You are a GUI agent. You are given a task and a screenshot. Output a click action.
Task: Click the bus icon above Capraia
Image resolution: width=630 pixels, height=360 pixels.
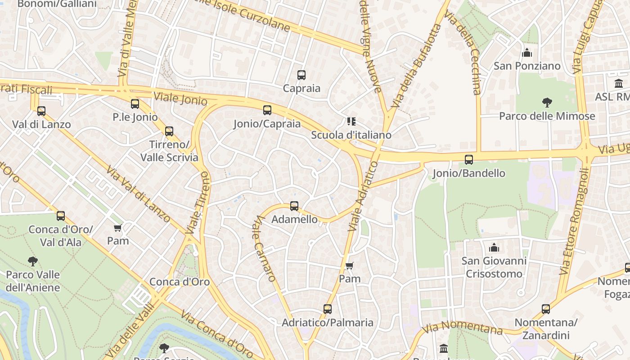301,75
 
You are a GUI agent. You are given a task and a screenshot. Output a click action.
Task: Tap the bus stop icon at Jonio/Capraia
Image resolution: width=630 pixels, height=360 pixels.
267,110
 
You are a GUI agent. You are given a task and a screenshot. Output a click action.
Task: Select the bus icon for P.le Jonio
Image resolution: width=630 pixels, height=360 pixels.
135,104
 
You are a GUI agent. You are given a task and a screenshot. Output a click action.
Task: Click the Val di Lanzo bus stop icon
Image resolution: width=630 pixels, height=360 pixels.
41,111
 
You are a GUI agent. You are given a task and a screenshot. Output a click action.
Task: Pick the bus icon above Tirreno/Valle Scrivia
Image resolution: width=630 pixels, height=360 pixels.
169,131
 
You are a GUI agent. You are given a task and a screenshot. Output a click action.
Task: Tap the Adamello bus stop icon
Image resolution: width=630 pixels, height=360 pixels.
294,206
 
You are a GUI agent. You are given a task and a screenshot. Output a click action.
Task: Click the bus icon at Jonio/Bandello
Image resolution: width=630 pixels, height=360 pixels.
469,160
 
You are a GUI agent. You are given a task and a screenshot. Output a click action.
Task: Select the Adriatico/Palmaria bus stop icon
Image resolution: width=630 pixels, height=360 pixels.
328,309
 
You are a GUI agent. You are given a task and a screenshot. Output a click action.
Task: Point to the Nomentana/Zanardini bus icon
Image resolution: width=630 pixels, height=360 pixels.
546,309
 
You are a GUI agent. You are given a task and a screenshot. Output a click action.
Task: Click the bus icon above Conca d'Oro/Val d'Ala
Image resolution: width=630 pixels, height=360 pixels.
61,216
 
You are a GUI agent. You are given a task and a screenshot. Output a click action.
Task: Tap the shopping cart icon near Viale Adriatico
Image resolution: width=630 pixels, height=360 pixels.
349,265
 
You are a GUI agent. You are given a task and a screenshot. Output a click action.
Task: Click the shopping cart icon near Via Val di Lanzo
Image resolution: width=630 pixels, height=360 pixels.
118,228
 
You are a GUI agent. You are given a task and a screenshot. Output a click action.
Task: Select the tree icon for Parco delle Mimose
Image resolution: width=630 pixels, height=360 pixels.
547,103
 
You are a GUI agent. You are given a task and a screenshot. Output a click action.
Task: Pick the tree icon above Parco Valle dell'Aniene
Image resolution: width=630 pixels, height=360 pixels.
32,261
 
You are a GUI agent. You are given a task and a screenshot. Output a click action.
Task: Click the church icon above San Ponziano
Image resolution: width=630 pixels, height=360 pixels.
527,53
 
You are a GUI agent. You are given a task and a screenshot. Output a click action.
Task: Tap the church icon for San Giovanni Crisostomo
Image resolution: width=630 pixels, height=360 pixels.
494,247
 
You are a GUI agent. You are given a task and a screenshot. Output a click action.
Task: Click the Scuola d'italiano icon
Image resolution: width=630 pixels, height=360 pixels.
351,121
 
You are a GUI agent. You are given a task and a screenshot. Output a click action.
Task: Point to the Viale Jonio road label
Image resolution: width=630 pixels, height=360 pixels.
180,99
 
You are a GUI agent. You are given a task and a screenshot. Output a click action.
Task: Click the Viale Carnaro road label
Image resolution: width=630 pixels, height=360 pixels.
264,248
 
